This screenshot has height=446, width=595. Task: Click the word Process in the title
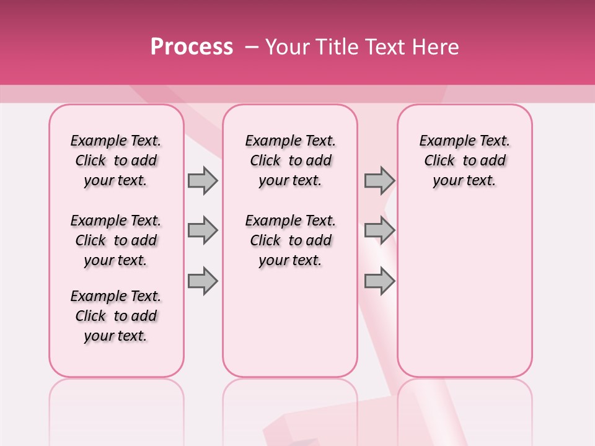(x=191, y=47)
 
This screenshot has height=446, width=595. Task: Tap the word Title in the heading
(x=336, y=47)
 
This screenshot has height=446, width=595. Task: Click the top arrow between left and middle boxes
(x=203, y=180)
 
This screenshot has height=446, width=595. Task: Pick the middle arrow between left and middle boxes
(x=203, y=230)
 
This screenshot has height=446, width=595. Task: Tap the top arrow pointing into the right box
(x=379, y=180)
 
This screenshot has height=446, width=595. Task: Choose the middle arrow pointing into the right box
(x=379, y=230)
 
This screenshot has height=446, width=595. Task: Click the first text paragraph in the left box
(x=116, y=160)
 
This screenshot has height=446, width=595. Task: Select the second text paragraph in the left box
(x=116, y=240)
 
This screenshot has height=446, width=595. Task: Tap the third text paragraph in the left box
(x=116, y=316)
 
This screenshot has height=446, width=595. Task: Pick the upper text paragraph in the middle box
(x=290, y=160)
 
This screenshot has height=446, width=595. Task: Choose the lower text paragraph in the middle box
(x=290, y=240)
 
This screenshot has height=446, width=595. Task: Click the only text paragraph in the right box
(x=464, y=160)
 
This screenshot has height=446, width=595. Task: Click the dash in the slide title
(x=252, y=47)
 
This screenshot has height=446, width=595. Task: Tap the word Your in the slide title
(x=286, y=47)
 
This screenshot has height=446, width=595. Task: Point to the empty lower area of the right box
(x=464, y=291)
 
